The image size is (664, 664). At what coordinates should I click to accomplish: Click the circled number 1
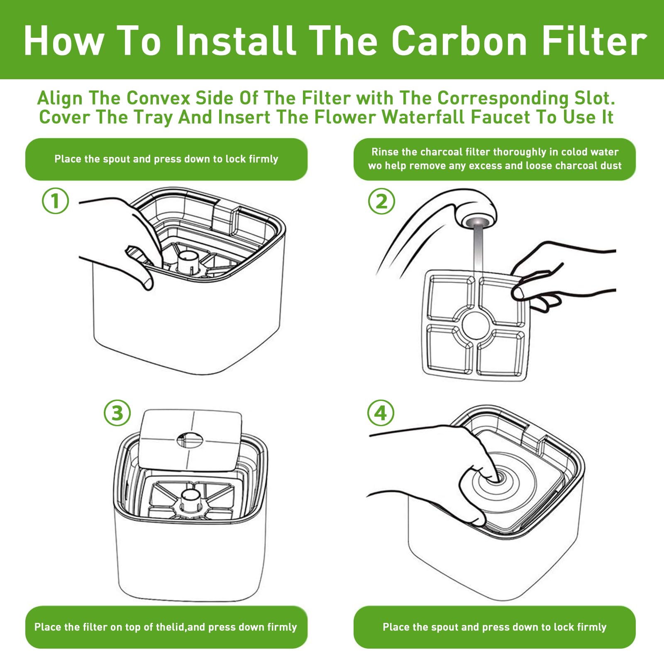[55, 201]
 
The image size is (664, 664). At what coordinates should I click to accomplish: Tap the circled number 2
[381, 201]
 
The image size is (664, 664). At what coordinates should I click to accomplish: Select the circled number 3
[117, 413]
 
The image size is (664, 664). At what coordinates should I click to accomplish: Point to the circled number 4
[381, 413]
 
